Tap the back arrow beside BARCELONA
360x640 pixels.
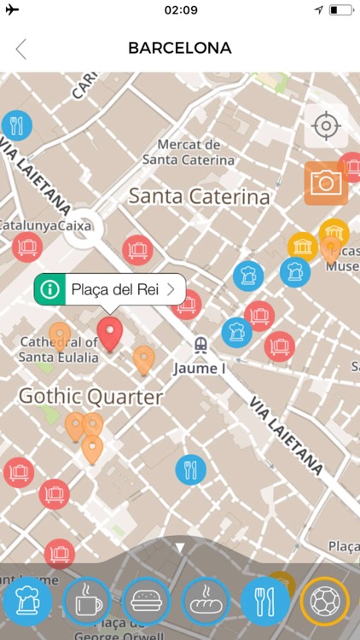(x=21, y=49)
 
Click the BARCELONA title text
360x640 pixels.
(x=180, y=49)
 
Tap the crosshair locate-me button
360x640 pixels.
(x=326, y=126)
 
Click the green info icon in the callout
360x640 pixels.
(x=50, y=289)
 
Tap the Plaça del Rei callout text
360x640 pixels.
(x=115, y=289)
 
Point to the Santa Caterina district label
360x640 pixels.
(x=199, y=197)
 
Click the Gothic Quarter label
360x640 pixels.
(x=90, y=397)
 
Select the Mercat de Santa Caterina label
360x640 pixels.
(x=189, y=152)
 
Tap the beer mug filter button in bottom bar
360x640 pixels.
(x=27, y=602)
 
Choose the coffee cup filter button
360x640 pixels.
(x=86, y=602)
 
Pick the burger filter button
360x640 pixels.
(x=146, y=602)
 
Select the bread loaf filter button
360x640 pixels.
(x=206, y=602)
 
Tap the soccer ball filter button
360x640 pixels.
(x=325, y=602)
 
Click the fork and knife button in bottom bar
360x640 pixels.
(x=265, y=602)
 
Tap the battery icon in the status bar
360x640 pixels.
(x=340, y=10)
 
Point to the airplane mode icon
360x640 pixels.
(x=12, y=10)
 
